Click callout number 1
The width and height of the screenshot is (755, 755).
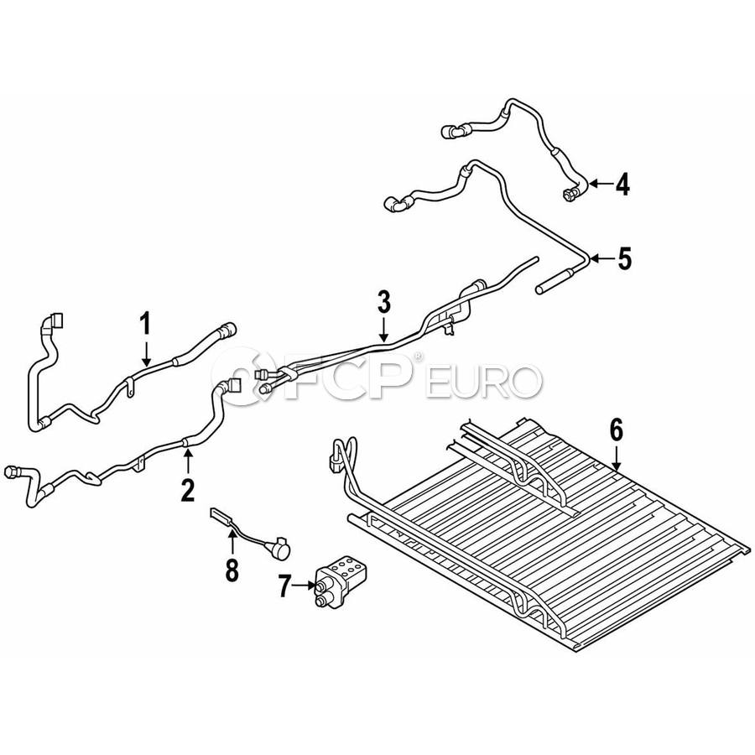pyautogui.click(x=145, y=324)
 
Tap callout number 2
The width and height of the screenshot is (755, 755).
pyautogui.click(x=187, y=491)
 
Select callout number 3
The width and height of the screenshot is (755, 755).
pyautogui.click(x=383, y=302)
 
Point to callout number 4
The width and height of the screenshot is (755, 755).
pyautogui.click(x=622, y=184)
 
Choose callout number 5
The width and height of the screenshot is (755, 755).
pyautogui.click(x=624, y=258)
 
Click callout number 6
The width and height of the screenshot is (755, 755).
pyautogui.click(x=616, y=430)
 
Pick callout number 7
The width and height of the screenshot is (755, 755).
pyautogui.click(x=285, y=586)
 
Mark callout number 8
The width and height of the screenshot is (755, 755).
pyautogui.click(x=232, y=570)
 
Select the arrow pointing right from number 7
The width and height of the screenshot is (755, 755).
pyautogui.click(x=304, y=586)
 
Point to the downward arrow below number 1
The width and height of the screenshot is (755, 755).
pyautogui.click(x=146, y=351)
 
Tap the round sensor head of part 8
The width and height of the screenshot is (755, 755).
pyautogui.click(x=281, y=549)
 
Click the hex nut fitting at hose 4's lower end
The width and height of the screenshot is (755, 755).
pyautogui.click(x=569, y=194)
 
